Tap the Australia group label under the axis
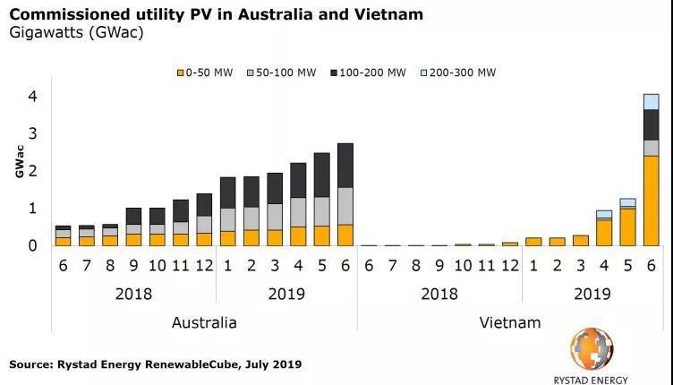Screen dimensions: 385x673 [x=204, y=322]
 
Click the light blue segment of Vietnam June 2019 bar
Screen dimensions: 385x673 [x=651, y=101]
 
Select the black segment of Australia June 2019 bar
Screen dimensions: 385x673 [x=345, y=166]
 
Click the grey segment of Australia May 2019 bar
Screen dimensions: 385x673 [x=321, y=211]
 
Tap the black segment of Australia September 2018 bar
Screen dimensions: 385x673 [x=133, y=216]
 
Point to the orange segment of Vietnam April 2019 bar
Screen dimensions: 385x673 [x=604, y=232]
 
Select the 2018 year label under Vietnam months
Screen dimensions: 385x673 [x=439, y=294]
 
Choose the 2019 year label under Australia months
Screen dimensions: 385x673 [x=285, y=294]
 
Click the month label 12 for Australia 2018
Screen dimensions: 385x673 [x=204, y=267]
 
